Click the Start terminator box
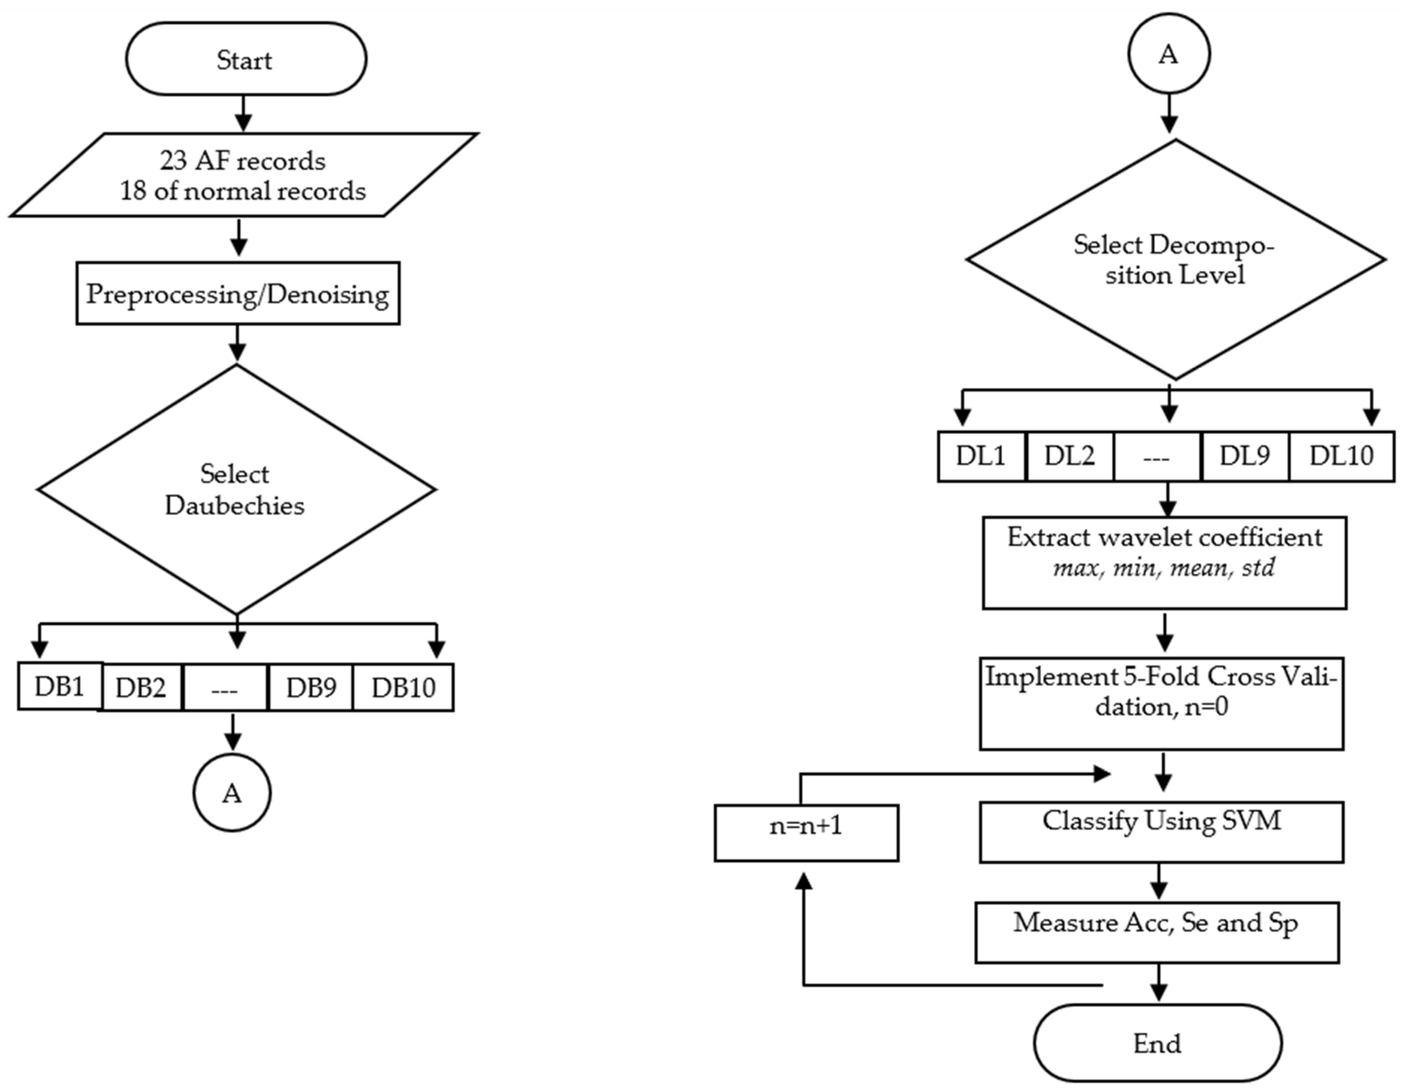point(245,59)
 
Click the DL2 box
point(1069,456)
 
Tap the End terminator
point(1157,1043)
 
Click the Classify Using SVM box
point(1161,832)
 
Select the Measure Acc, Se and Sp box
point(1156,932)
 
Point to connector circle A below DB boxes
point(232,793)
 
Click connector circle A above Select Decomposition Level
point(1168,54)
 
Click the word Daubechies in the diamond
point(235,505)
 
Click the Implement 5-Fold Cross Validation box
point(1161,703)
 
